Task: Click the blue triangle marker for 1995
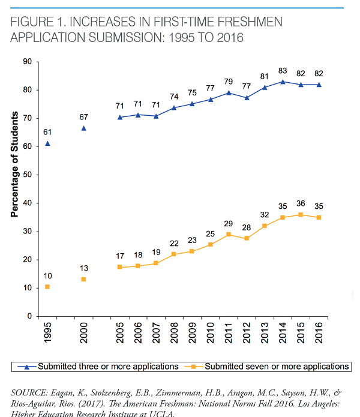(47, 143)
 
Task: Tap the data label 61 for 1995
(47, 133)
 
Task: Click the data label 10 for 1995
(47, 276)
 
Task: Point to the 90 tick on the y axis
(28, 62)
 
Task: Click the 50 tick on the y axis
(28, 175)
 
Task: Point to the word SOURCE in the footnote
(29, 392)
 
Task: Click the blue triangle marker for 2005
(120, 117)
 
